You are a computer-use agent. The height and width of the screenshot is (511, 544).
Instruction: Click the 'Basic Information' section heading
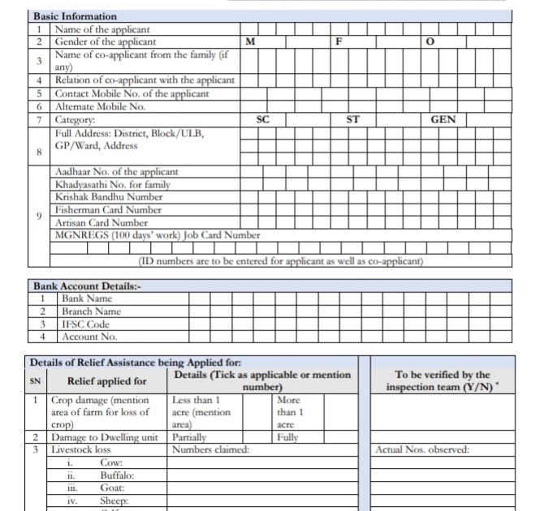point(75,16)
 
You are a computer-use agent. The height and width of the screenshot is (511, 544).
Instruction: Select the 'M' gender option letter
point(251,41)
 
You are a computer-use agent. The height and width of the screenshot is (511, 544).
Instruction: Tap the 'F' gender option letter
point(340,41)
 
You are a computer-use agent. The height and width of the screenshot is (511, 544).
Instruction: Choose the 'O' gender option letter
point(430,41)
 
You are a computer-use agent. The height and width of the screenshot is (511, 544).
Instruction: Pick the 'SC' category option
point(262,119)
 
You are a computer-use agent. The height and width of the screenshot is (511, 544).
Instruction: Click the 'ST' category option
point(352,119)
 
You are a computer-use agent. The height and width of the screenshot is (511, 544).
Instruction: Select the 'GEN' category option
point(443,119)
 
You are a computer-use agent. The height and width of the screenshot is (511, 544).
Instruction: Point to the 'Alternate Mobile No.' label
point(100,106)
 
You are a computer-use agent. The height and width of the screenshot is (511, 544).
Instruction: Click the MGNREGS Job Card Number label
point(158,236)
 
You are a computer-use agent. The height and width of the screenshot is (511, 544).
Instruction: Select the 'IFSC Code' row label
point(86,324)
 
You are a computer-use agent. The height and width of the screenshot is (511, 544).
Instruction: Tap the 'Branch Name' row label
point(91,311)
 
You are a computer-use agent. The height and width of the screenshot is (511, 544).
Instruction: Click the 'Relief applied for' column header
point(106,381)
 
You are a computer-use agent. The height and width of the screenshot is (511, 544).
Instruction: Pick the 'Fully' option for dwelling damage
point(287,437)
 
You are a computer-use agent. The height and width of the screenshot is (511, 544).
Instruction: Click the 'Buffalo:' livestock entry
point(117,475)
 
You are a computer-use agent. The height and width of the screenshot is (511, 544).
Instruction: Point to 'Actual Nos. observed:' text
point(422,450)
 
